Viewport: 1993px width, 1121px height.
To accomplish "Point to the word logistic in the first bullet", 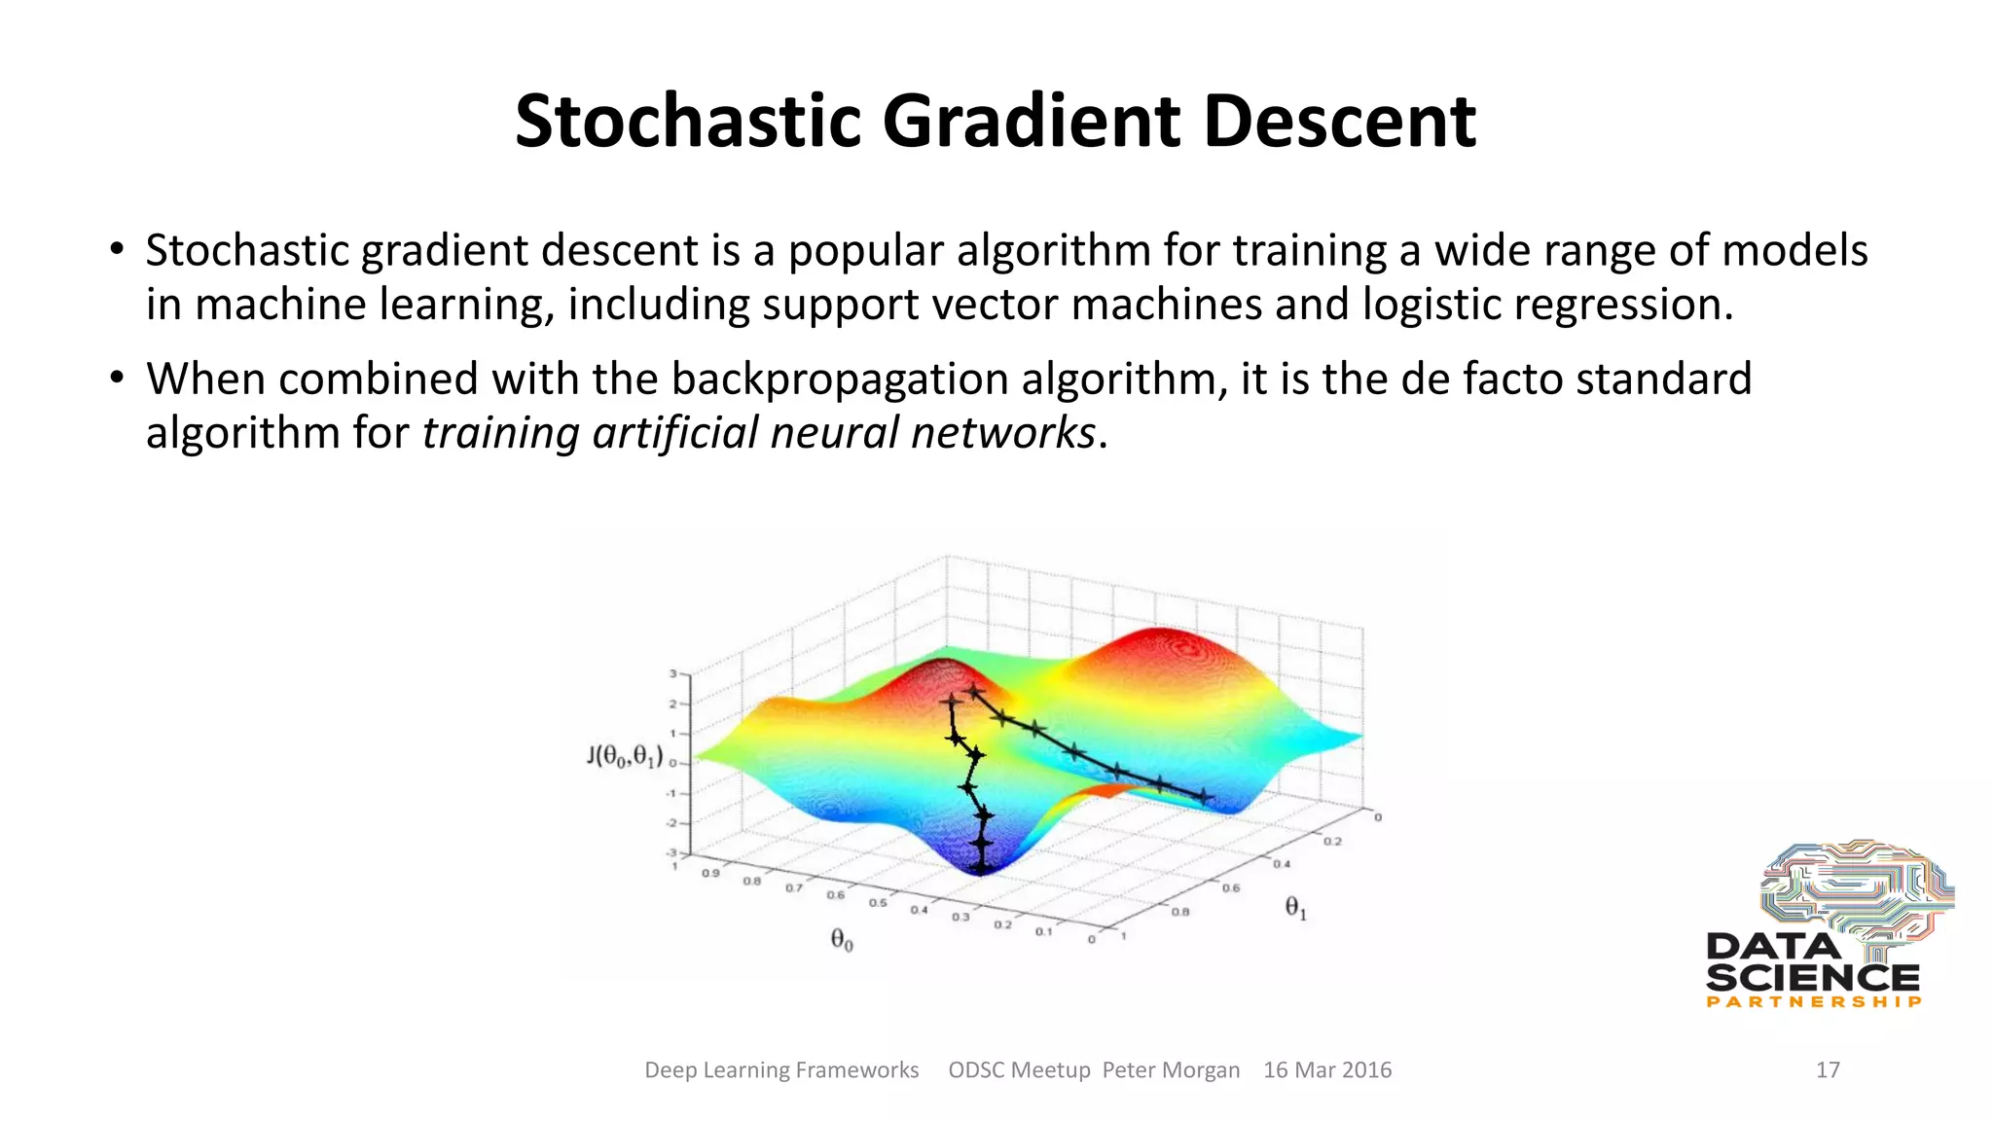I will tap(1431, 305).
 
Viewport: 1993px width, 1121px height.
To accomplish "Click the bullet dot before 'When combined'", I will tap(117, 378).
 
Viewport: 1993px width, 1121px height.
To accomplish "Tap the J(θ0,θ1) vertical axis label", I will tap(625, 756).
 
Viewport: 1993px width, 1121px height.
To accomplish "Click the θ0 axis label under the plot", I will tap(841, 939).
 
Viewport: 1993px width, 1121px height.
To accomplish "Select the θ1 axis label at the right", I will tap(1295, 908).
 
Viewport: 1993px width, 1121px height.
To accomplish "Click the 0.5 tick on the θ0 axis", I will tap(877, 902).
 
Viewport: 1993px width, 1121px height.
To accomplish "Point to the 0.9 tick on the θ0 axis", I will tap(710, 873).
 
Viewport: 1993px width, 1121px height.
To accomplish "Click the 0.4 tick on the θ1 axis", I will tap(1282, 863).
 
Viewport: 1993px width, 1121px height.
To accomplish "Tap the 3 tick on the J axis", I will tap(672, 673).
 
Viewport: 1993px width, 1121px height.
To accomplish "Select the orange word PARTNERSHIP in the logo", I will tap(1814, 1001).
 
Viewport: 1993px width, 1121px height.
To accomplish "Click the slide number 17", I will tap(1828, 1069).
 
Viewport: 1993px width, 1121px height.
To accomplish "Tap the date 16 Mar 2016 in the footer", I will tap(1326, 1069).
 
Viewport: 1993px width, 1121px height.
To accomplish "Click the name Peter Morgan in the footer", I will tap(1171, 1069).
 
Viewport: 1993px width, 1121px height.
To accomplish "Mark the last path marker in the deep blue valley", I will tap(981, 864).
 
